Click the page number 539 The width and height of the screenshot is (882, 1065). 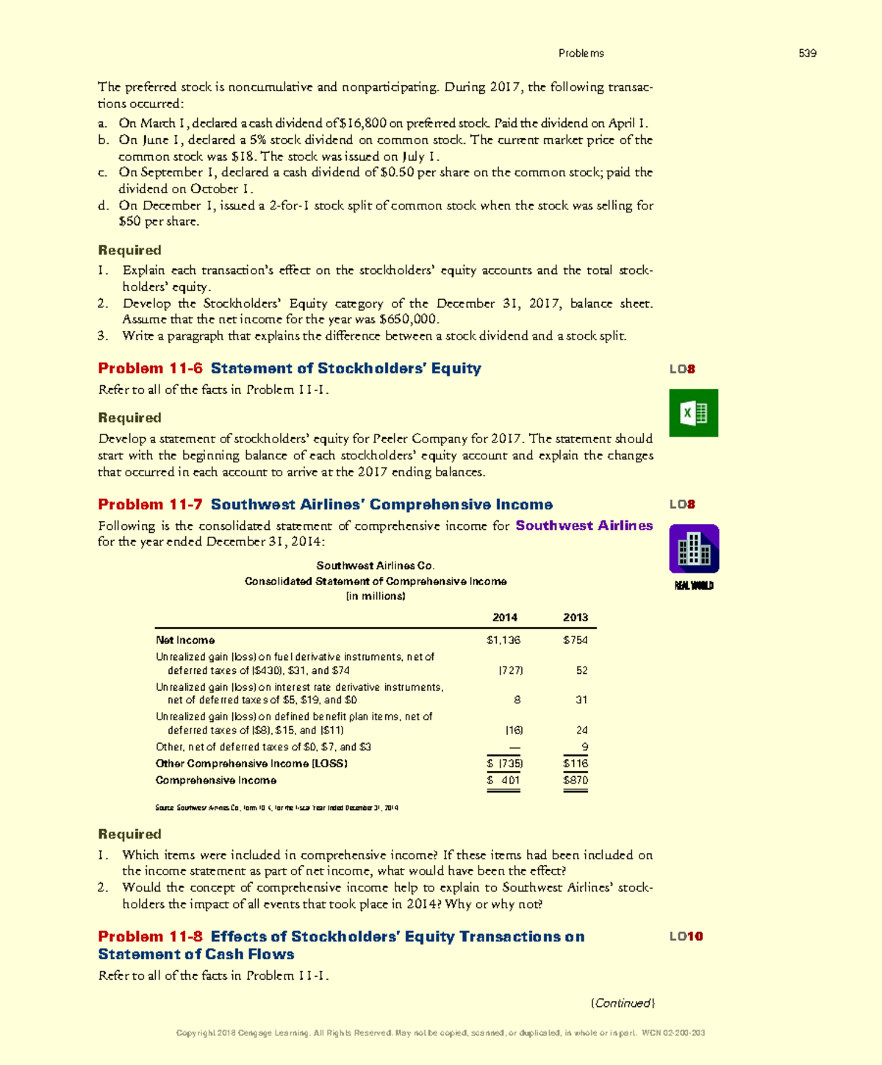pyautogui.click(x=808, y=53)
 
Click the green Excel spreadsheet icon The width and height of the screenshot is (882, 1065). pyautogui.click(x=694, y=413)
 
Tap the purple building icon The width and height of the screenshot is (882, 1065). pyautogui.click(x=694, y=549)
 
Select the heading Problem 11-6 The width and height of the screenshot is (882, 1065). pyautogui.click(x=150, y=368)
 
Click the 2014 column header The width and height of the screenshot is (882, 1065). pyautogui.click(x=504, y=617)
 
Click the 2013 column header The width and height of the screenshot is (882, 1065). pyautogui.click(x=575, y=617)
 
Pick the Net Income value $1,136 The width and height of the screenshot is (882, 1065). pyautogui.click(x=503, y=640)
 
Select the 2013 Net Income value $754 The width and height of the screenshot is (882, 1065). pyautogui.click(x=575, y=640)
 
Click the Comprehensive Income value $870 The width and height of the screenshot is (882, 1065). pyautogui.click(x=575, y=781)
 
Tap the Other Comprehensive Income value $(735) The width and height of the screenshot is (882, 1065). pyautogui.click(x=505, y=764)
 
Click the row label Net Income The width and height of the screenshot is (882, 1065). pyautogui.click(x=185, y=640)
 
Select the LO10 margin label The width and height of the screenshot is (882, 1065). pyautogui.click(x=686, y=936)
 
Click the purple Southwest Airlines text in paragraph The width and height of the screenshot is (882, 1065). pyautogui.click(x=584, y=526)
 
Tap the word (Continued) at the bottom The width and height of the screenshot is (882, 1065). pyautogui.click(x=623, y=1003)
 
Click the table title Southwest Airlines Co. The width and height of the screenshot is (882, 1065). pyautogui.click(x=375, y=565)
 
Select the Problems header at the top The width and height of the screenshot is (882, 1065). pyautogui.click(x=581, y=53)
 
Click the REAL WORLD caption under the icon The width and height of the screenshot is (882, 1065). pyautogui.click(x=694, y=586)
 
